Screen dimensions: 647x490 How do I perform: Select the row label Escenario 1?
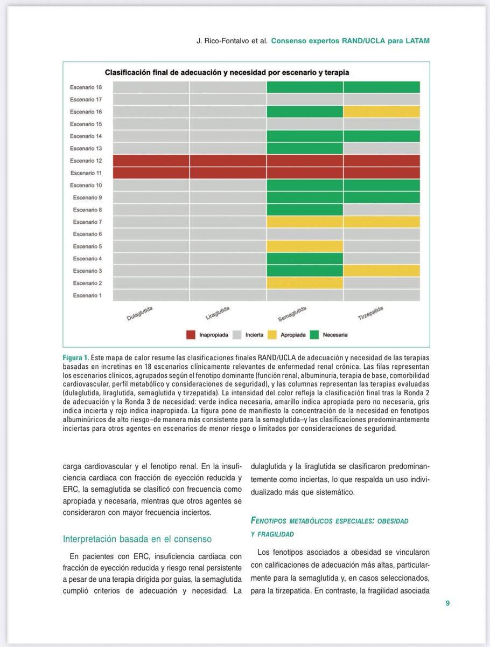click(x=87, y=295)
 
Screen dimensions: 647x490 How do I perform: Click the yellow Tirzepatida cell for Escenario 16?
click(x=382, y=112)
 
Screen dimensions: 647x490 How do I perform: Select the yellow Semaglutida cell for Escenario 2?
click(x=305, y=283)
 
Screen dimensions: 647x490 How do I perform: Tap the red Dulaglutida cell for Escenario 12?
click(x=151, y=161)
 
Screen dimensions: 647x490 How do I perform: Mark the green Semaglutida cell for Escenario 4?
click(x=305, y=258)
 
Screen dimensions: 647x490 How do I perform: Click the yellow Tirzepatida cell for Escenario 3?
click(x=382, y=271)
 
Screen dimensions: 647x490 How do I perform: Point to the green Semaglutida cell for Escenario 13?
click(x=305, y=148)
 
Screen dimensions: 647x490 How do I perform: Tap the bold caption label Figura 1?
click(x=75, y=358)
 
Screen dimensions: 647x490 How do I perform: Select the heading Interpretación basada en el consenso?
click(x=137, y=539)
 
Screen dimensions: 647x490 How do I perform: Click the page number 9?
click(x=447, y=603)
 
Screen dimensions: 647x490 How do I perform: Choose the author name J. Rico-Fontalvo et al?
click(x=232, y=41)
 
